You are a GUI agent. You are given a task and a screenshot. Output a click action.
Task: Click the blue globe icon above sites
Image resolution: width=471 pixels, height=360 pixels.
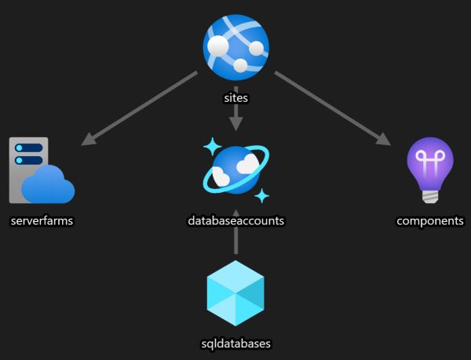(235, 47)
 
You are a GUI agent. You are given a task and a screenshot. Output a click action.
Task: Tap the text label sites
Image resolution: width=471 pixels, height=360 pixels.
(235, 100)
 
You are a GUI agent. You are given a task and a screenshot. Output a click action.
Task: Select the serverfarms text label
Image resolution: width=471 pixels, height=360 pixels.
(42, 221)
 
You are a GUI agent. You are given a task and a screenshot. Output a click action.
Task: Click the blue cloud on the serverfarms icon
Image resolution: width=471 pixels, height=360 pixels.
(49, 185)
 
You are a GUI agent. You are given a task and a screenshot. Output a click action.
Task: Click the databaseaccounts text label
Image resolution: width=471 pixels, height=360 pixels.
(235, 221)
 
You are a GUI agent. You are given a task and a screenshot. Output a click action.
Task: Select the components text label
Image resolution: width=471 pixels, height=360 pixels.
(429, 221)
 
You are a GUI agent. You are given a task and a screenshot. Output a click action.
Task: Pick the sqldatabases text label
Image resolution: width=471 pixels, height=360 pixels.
(235, 343)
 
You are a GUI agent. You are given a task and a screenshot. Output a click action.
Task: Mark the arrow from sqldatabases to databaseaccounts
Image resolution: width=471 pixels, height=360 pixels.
(235, 243)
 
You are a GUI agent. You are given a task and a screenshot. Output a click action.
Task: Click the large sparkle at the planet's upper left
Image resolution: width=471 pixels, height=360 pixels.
(210, 147)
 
